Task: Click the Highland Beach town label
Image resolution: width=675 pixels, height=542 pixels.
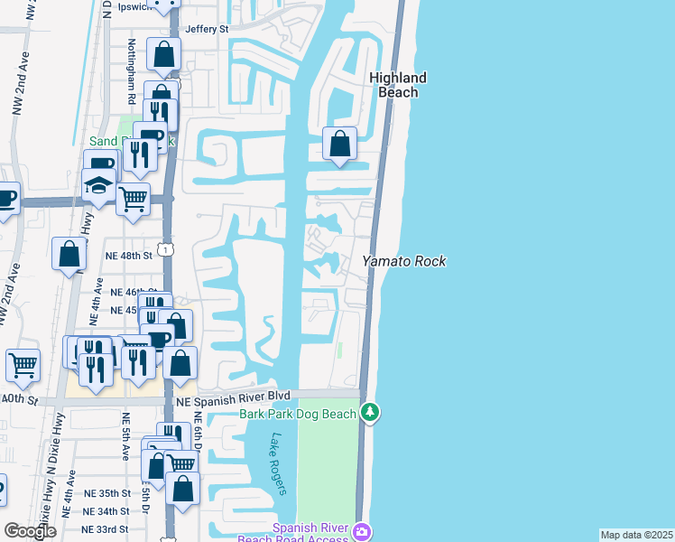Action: click(397, 85)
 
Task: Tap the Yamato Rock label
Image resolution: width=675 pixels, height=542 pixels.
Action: click(404, 261)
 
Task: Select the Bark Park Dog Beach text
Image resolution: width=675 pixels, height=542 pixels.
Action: click(298, 414)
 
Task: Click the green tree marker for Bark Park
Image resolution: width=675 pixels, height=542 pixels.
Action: click(369, 413)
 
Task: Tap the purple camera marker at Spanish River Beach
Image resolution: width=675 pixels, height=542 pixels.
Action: click(362, 530)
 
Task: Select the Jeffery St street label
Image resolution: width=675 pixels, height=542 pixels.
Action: click(207, 29)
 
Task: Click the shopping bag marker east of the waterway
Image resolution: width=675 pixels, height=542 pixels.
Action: click(339, 143)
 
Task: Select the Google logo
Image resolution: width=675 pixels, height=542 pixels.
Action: click(29, 531)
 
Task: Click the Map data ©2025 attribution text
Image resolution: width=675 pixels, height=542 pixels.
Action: click(636, 535)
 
